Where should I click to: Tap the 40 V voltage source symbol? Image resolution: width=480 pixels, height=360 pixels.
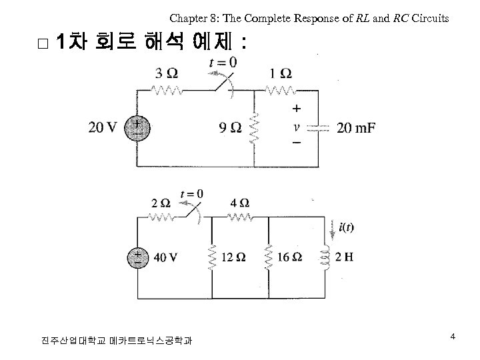[x=137, y=257]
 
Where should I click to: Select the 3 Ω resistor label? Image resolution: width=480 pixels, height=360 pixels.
[x=166, y=73]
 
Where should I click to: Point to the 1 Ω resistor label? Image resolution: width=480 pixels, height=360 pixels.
[x=281, y=73]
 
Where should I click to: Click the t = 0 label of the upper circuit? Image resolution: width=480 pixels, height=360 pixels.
[x=223, y=63]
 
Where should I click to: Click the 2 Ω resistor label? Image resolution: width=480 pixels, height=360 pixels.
[x=161, y=202]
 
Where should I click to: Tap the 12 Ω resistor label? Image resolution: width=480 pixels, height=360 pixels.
[x=233, y=257]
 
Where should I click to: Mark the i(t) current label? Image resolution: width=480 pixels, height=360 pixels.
[x=347, y=227]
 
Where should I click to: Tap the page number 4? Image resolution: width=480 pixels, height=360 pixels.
[x=453, y=337]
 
